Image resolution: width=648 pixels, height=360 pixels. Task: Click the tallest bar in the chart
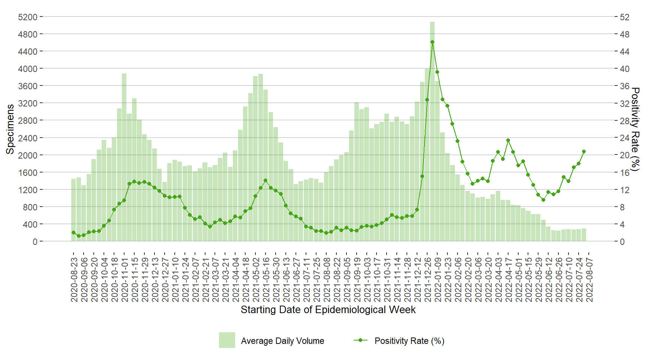432,131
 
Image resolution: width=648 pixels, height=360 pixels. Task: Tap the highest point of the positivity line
432,42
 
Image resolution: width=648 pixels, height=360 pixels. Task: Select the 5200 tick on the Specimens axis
28,17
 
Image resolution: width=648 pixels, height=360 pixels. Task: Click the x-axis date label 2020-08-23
74,279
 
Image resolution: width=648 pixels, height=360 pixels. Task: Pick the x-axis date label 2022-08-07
589,279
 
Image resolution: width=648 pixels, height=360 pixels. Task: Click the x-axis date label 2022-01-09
438,279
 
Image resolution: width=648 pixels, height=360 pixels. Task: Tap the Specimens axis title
10,129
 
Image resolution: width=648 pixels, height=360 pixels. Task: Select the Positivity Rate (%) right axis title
635,129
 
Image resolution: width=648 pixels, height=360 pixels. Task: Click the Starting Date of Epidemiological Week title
328,310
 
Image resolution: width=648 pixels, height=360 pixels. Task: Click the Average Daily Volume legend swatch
227,340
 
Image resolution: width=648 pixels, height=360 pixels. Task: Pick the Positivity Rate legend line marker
360,340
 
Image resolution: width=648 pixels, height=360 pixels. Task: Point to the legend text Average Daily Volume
282,341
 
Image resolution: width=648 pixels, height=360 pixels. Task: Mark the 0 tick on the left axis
35,242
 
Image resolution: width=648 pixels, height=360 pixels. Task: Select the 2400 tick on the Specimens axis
28,138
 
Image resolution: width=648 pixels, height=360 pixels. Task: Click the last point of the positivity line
584,151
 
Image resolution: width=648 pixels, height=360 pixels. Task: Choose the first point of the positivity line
73,232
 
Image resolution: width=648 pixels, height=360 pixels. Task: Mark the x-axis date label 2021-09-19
357,279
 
